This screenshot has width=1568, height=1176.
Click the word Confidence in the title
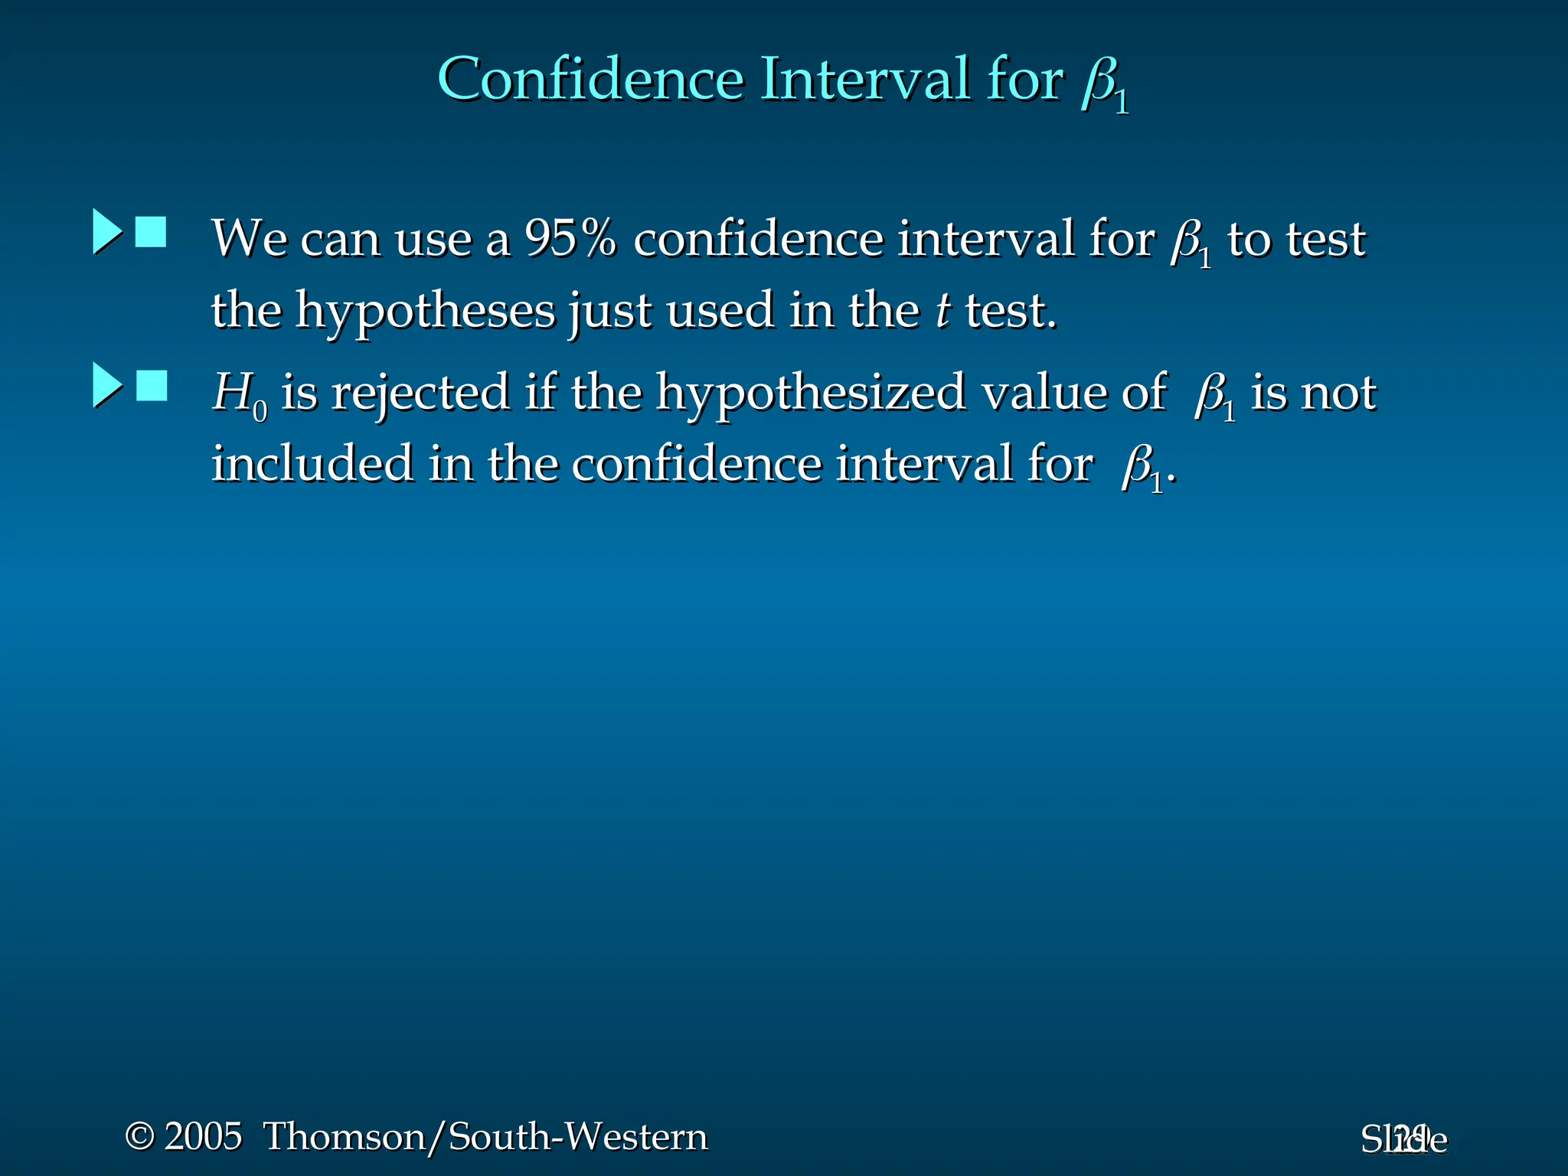(x=590, y=79)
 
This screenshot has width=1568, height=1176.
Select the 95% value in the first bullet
(x=570, y=238)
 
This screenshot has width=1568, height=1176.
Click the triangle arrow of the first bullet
(x=107, y=231)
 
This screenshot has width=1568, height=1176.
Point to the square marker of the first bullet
(x=151, y=232)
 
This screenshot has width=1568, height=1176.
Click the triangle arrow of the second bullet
(x=107, y=385)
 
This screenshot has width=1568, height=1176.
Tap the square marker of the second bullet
(x=152, y=386)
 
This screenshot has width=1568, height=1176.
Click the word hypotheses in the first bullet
(x=426, y=312)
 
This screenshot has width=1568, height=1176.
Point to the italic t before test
(x=943, y=311)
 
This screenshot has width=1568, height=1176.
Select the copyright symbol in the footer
(x=139, y=1136)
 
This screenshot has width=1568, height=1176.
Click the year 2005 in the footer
(x=204, y=1136)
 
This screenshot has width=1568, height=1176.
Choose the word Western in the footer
(x=642, y=1136)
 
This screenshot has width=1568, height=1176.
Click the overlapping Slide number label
(x=1404, y=1139)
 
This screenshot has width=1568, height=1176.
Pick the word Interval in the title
(x=865, y=79)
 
